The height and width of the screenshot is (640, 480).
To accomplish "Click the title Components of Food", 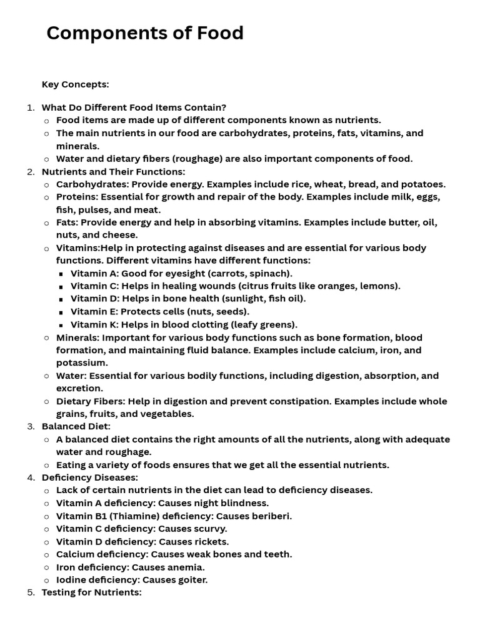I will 145,33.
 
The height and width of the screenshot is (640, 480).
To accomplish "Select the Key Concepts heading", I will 75,84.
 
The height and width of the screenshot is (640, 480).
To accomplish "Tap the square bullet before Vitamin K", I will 61,325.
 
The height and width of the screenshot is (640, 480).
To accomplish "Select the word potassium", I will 81,362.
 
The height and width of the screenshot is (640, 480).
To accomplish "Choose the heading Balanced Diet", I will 76,426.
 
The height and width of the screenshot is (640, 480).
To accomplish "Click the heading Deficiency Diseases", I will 89,477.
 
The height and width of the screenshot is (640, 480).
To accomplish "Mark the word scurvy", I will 207,529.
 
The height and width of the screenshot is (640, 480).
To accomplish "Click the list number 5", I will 31,592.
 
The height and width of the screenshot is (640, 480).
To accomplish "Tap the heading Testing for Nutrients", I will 91,592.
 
